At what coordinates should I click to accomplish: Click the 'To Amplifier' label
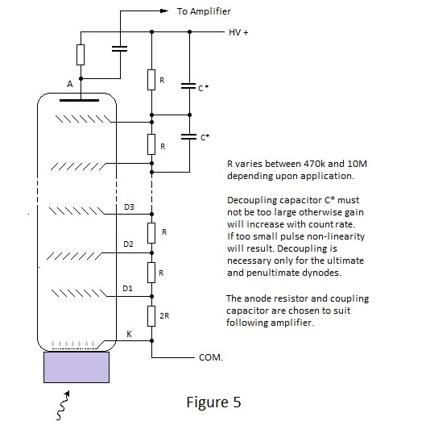(204, 11)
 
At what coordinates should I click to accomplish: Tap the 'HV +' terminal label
(238, 32)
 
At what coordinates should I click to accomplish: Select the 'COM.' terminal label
(211, 357)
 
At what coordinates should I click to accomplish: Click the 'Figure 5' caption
(213, 402)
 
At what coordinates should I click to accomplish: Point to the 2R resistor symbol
(151, 316)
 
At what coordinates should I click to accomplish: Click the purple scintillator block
(76, 367)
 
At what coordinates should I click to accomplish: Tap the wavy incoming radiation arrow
(63, 406)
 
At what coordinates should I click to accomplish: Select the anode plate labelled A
(80, 100)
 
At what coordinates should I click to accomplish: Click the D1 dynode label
(127, 289)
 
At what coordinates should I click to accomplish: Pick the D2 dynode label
(128, 244)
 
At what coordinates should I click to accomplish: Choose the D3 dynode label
(129, 207)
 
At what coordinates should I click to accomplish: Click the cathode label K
(129, 334)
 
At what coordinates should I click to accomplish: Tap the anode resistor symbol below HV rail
(81, 55)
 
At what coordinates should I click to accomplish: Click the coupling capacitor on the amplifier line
(120, 49)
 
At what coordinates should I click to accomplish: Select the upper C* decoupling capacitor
(188, 86)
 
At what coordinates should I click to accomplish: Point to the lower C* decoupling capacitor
(188, 137)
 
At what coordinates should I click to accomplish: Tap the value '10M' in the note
(358, 164)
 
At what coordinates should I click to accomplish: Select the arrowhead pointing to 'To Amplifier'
(163, 11)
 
